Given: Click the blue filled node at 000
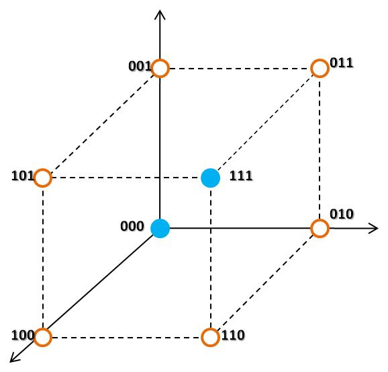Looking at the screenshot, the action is pos(160,229).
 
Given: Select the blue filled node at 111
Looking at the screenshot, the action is pos(211,178).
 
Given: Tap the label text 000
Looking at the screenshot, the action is pos(132,226).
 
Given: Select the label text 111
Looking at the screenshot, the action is pos(241,176).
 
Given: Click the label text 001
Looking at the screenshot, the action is pos(140,66).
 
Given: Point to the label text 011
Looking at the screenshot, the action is pos(342,63).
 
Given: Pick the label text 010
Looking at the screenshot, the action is pos(342,214).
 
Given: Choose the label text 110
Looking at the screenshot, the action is pos(233,335).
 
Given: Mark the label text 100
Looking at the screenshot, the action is pos(23,335).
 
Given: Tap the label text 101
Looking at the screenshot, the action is pos(23,176).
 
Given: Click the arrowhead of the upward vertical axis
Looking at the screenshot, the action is pos(160,11).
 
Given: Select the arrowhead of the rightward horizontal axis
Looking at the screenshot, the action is pos(377,228).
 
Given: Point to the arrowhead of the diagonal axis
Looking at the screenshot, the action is pos(10,361).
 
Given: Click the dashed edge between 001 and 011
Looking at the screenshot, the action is pos(240,69).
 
